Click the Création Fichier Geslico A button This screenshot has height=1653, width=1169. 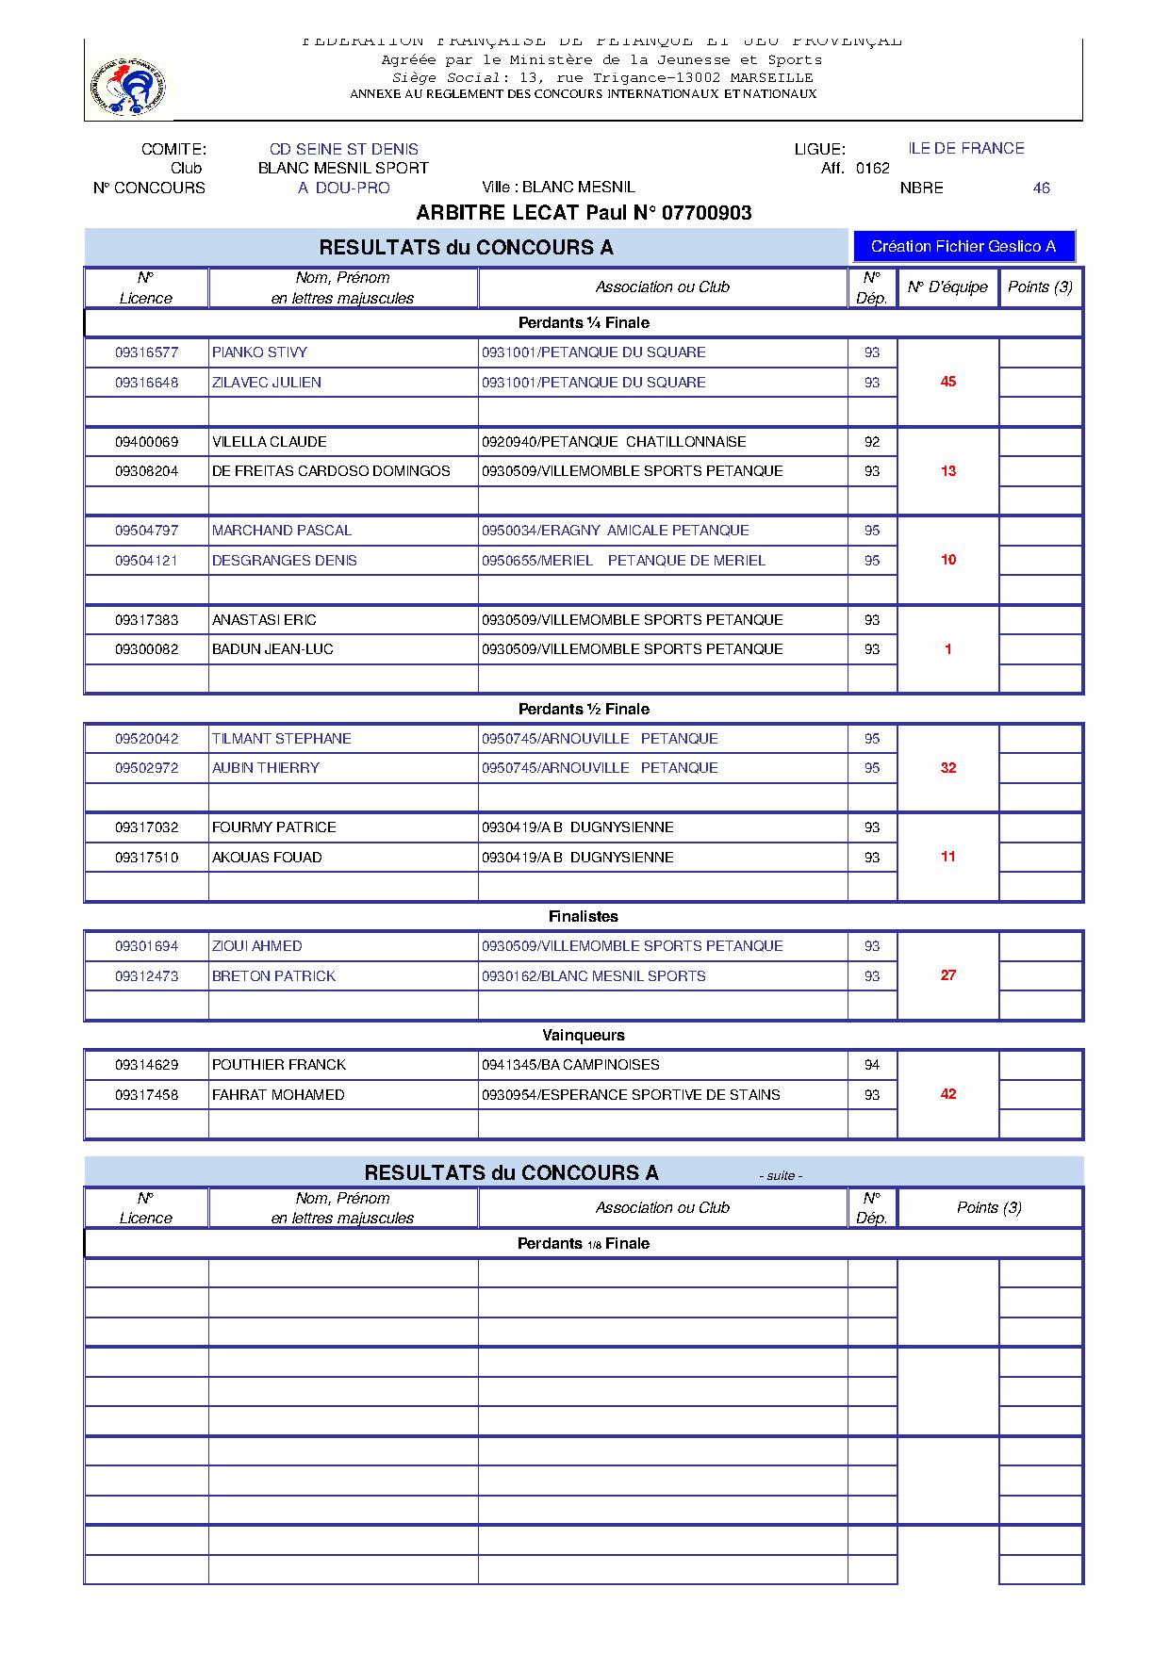963,247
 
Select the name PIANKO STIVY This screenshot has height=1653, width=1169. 259,352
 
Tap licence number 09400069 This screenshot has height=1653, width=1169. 146,442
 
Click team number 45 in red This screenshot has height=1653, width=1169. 948,382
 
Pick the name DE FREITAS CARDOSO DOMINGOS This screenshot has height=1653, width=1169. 331,471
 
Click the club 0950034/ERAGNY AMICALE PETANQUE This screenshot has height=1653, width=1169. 615,531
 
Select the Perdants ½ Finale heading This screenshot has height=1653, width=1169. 584,709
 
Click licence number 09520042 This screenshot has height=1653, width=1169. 146,739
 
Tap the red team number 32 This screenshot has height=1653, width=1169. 948,768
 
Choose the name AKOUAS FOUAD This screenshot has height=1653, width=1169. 267,858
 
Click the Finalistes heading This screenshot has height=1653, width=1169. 584,916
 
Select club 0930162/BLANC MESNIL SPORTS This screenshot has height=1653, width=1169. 593,976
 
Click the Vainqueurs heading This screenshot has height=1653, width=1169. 584,1035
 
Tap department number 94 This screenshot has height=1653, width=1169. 872,1065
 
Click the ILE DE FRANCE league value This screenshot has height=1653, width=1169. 965,148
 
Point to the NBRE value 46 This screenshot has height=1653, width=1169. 1041,188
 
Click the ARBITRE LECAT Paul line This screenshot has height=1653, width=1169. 584,213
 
